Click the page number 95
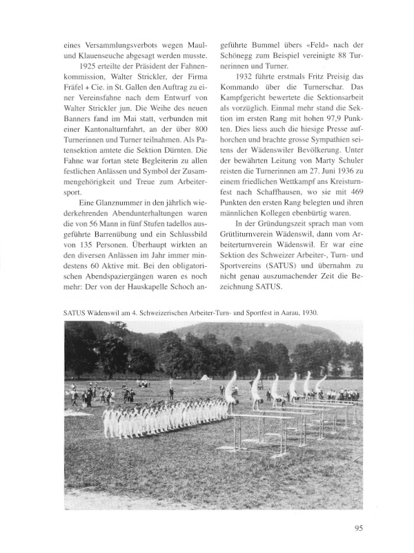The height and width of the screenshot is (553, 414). (x=358, y=529)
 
